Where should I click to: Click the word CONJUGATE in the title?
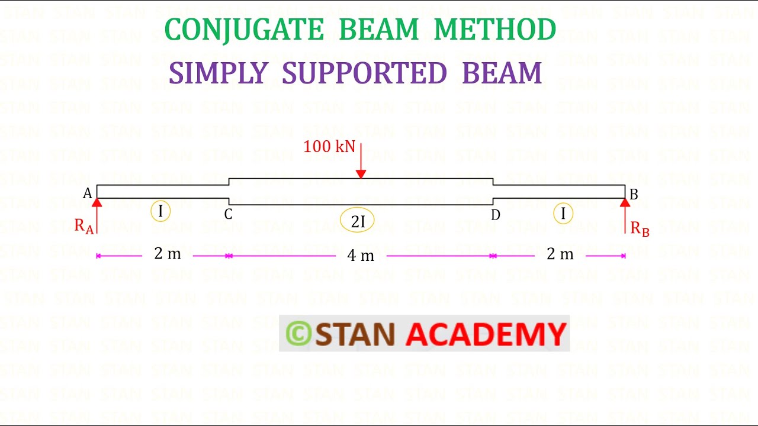click(244, 30)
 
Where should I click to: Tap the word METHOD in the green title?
click(494, 30)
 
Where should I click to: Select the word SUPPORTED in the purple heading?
click(364, 73)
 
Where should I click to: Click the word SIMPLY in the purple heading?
click(219, 73)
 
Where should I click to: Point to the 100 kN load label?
click(329, 147)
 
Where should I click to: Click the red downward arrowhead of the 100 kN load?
click(361, 173)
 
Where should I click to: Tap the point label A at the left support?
click(87, 193)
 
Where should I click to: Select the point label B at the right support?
click(634, 195)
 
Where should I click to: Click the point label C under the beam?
click(228, 214)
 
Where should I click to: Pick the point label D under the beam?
click(496, 215)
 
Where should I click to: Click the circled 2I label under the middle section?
click(358, 221)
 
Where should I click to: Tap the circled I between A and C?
click(160, 211)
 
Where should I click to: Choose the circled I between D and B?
click(563, 213)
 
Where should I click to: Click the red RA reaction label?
click(83, 226)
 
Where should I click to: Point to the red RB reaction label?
click(640, 228)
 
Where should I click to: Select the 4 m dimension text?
click(361, 256)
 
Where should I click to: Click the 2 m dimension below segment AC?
click(168, 254)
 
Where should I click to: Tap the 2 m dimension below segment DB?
click(560, 254)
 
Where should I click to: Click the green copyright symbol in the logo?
click(298, 334)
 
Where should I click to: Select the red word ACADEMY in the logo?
click(486, 334)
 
